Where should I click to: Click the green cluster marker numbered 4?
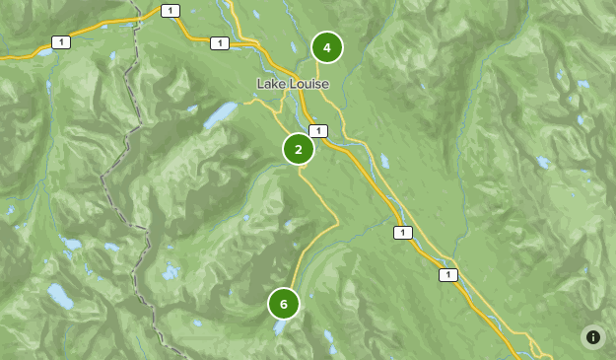[326, 47]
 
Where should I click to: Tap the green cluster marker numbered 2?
[299, 149]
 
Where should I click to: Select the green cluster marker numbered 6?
[284, 303]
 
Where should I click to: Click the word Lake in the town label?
[271, 84]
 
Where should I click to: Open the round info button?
[593, 337]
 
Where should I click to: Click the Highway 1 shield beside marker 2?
[317, 131]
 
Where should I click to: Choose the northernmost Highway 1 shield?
[171, 11]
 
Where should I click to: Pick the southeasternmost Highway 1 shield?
[448, 275]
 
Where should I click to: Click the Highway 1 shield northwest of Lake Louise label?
[220, 43]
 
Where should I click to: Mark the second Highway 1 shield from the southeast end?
[402, 233]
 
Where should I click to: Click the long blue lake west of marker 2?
[220, 116]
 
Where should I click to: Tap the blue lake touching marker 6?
[281, 326]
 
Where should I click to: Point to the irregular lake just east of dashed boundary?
[70, 244]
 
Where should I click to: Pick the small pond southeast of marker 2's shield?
[384, 160]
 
